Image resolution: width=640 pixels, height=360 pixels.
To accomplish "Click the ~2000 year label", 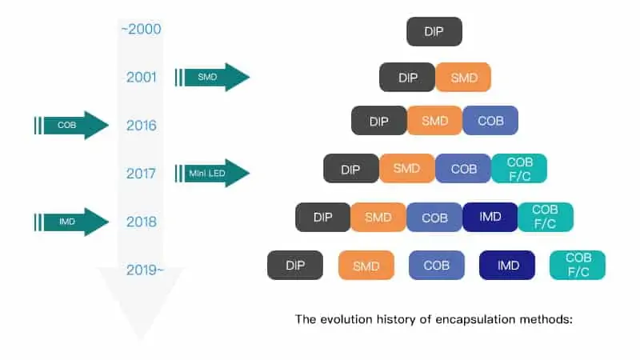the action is coord(142,29).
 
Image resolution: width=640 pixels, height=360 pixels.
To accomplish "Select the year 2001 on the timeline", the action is coord(142,77).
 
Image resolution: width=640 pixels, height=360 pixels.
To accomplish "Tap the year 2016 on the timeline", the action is coord(142,126).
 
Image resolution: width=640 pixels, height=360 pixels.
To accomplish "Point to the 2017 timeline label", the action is coord(141,174).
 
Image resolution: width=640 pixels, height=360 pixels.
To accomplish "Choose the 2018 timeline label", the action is coord(142,222).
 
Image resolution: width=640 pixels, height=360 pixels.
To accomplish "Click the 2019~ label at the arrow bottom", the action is coord(145,270).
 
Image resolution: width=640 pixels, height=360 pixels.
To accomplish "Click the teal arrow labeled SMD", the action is coord(212,77).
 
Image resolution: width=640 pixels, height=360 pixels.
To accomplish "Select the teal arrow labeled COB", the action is coord(72,126).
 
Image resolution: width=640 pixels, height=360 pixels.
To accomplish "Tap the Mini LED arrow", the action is coord(212,173).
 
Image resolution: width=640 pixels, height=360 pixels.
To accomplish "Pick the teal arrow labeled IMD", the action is coord(72,222).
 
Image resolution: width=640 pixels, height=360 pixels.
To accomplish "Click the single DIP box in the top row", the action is coord(434,31).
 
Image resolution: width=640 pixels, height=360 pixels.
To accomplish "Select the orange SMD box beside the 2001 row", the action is coord(463,77).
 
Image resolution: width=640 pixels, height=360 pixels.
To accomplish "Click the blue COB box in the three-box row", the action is coord(490,121).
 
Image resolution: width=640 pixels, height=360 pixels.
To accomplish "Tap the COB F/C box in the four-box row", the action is coord(519,169).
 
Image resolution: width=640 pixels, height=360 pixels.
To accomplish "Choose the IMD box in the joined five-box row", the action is coord(490,217).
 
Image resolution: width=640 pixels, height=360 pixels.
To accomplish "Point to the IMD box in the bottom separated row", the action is coord(507,266).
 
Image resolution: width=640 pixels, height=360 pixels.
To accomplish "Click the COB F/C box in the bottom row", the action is coord(578,266).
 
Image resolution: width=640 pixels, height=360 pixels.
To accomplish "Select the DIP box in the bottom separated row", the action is coord(295,266).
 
